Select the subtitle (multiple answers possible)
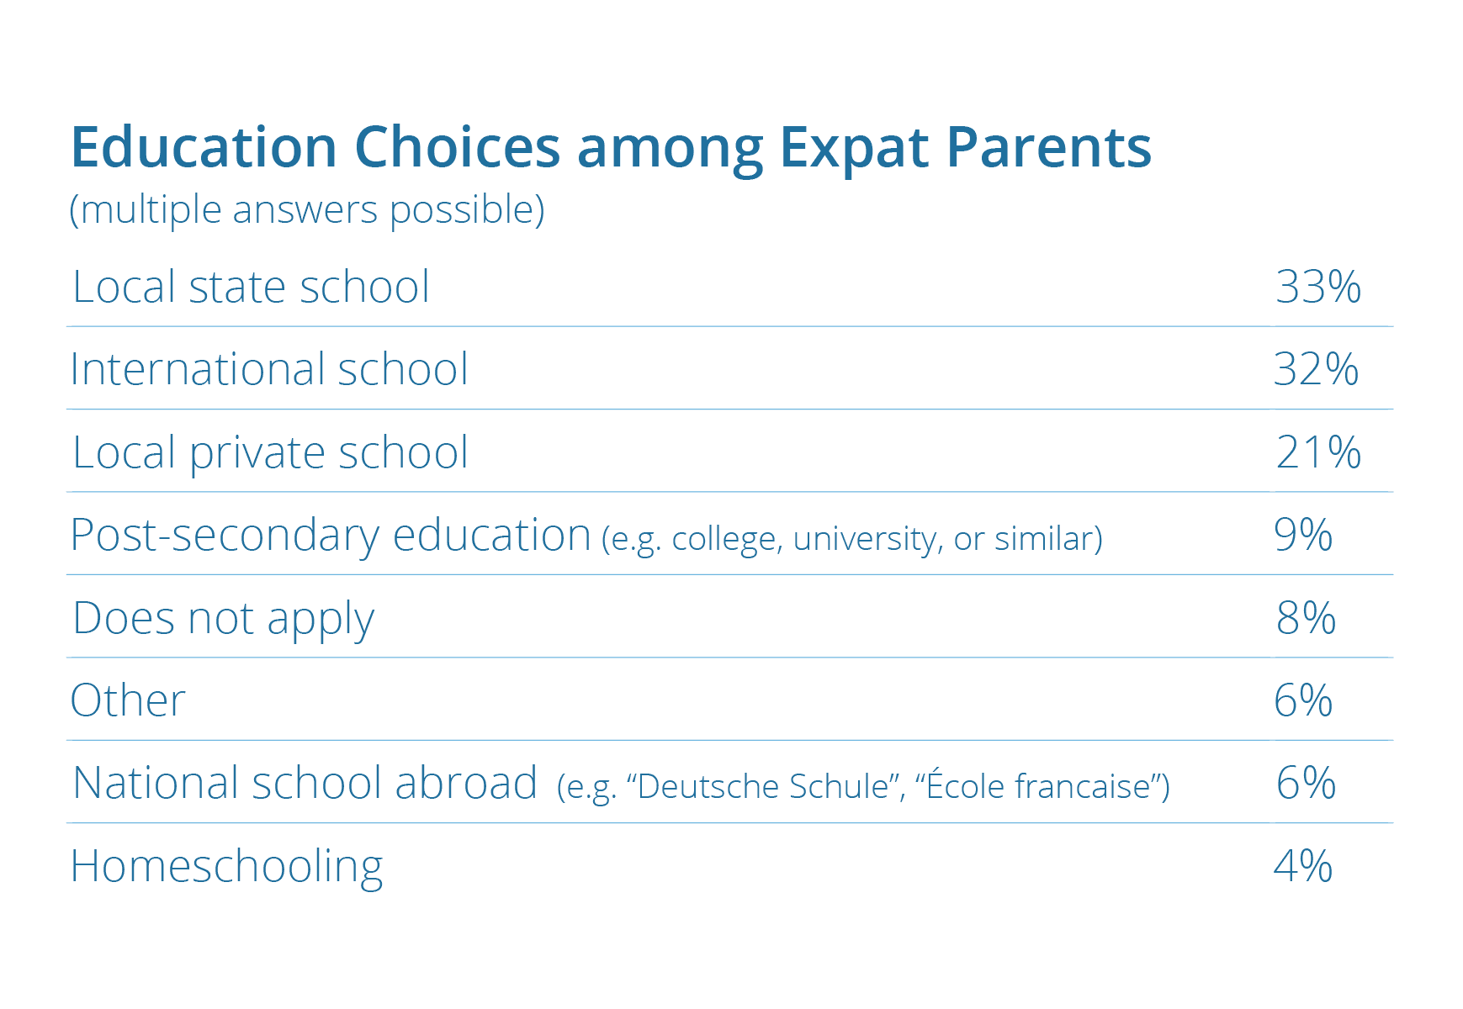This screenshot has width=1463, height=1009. point(307,209)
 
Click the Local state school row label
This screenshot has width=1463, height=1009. point(251,287)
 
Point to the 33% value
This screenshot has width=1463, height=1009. point(1318,287)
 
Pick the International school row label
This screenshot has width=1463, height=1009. point(269,369)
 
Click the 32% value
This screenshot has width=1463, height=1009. point(1317,369)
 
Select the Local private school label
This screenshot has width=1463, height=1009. point(270,453)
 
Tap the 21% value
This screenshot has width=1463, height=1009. point(1318,452)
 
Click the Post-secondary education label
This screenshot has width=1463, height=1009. point(331,536)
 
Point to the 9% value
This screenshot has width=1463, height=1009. point(1303,535)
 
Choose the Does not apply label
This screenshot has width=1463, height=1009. point(223,619)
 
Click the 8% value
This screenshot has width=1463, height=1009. point(1306,618)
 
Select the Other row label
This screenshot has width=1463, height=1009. point(128,700)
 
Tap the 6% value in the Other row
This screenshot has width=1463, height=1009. point(1303,700)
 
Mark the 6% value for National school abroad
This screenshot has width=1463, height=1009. point(1306,783)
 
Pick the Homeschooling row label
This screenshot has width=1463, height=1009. point(226,867)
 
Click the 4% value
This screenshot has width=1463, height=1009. point(1303,866)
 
